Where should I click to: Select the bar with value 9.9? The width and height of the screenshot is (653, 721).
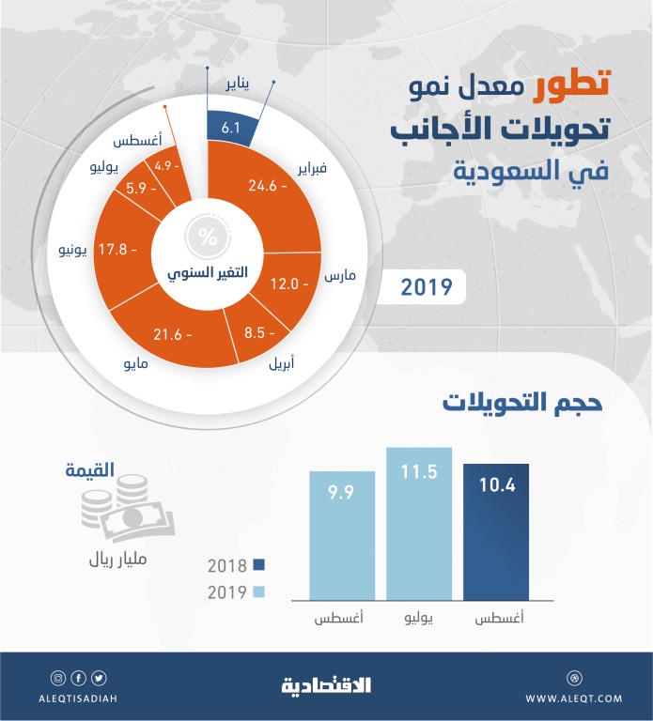pos(343,534)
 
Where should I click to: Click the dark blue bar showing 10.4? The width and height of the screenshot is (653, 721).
pos(495,530)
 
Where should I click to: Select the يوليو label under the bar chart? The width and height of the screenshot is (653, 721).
pos(419,621)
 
